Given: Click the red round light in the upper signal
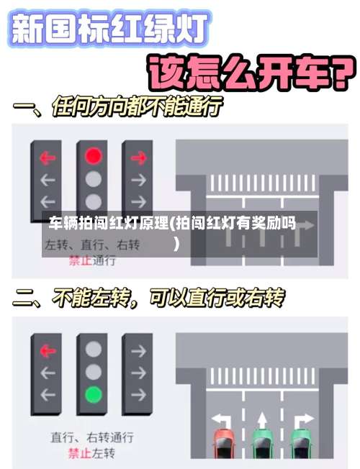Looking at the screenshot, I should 93,155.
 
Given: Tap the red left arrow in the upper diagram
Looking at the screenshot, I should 48,155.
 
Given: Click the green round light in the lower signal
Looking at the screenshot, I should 93,394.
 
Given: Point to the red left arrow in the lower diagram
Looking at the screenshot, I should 48,350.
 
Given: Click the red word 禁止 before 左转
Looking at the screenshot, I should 80,453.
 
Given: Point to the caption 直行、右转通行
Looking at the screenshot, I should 91,437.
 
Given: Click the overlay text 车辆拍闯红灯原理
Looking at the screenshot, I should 108,223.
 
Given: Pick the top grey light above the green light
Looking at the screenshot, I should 93,350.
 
